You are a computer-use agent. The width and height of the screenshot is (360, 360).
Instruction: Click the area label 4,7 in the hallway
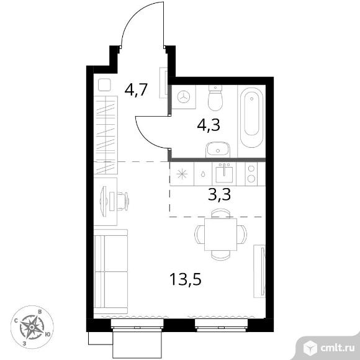[136, 90]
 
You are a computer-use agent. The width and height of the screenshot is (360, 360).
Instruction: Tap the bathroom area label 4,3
[209, 125]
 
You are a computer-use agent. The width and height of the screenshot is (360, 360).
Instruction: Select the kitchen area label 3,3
[219, 194]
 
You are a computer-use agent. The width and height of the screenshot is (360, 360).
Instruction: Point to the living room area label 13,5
[186, 279]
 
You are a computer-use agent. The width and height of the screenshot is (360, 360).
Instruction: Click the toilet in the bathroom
[215, 98]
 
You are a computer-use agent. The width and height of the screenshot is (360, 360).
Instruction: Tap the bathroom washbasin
[218, 150]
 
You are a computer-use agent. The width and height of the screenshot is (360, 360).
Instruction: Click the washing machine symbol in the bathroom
[184, 97]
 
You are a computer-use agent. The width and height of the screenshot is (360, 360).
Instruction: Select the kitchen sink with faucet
[224, 174]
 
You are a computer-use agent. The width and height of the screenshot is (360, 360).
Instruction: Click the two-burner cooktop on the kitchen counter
[251, 174]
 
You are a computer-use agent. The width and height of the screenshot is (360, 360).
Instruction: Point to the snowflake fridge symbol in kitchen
[182, 174]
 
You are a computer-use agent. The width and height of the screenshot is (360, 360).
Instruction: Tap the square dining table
[220, 235]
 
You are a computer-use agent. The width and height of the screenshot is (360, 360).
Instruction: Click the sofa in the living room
[110, 272]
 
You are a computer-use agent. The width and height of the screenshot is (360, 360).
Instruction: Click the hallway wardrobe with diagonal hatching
[106, 135]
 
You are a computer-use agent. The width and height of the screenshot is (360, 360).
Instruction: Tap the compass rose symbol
[32, 327]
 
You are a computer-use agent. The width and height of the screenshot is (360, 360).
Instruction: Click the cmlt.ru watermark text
[338, 348]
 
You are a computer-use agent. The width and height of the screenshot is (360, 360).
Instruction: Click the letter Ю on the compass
[48, 335]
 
